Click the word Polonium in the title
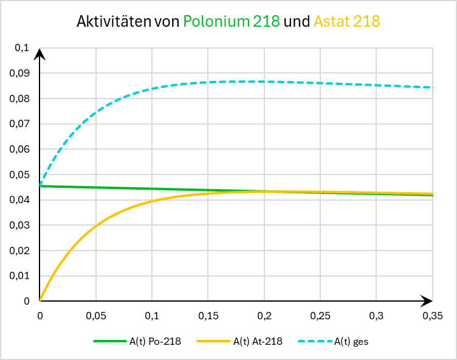(x=216, y=22)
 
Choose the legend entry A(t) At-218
(x=257, y=341)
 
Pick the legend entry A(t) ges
(x=351, y=341)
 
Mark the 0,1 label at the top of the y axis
(x=22, y=48)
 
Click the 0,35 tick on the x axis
(x=432, y=316)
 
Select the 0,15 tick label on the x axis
(x=208, y=316)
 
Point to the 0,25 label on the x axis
(x=320, y=316)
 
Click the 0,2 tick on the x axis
(x=264, y=316)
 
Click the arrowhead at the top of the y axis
(x=40, y=54)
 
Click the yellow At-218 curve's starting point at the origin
(x=40, y=300)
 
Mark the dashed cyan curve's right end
(x=432, y=88)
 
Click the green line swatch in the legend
(x=109, y=341)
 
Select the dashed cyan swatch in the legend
(x=317, y=341)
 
